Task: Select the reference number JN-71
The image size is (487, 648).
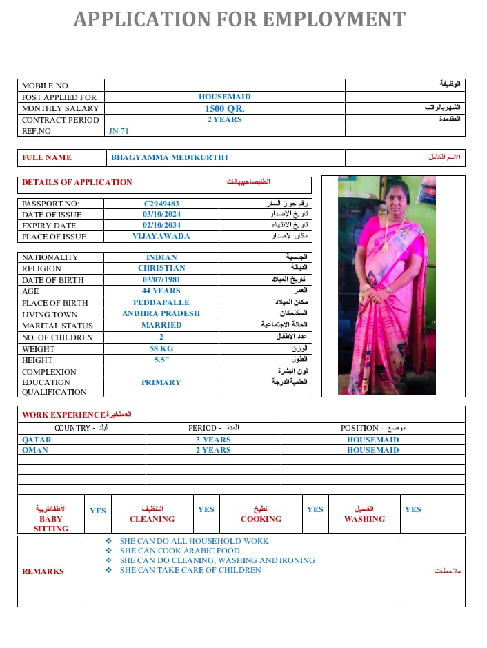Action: point(119,131)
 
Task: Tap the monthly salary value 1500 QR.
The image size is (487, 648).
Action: point(224,108)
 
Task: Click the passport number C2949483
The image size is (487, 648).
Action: point(161,204)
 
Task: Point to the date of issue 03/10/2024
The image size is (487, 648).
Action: point(161,215)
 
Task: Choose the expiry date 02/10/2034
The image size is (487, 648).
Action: point(161,226)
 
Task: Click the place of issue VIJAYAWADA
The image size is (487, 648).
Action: point(161,236)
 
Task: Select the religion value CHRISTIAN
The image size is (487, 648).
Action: point(161,268)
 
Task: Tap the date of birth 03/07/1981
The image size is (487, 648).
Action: point(161,279)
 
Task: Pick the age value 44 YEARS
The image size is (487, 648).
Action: point(161,291)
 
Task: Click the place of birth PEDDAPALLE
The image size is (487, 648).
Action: point(161,302)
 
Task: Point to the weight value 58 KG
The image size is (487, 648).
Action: point(161,348)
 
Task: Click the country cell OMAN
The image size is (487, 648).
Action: point(35,450)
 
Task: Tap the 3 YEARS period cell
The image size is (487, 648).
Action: point(213,440)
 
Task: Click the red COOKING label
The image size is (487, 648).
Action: point(261,519)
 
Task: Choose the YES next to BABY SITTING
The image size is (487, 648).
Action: point(98,511)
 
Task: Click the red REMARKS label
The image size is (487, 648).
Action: point(43,571)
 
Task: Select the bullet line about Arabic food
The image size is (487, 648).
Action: point(179,551)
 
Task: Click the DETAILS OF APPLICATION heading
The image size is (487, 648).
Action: point(77,182)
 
